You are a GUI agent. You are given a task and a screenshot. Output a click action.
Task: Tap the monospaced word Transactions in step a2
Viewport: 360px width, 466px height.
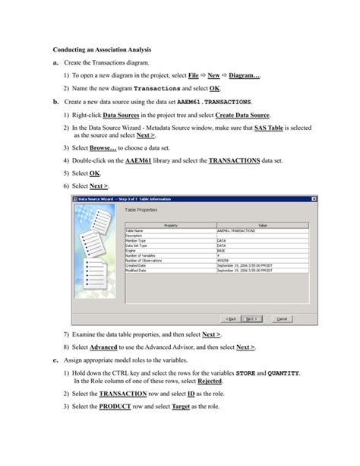pos(161,89)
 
